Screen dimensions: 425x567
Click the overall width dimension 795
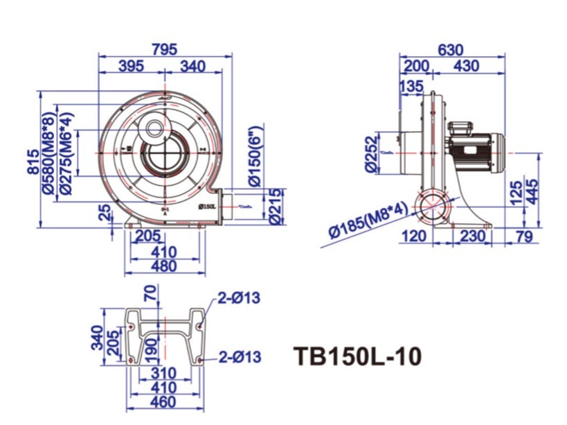(165, 49)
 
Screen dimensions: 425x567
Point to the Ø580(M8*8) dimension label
(51, 148)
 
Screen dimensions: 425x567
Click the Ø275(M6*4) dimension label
(66, 148)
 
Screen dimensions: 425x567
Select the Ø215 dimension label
(275, 206)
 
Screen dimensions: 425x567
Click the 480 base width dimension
(164, 266)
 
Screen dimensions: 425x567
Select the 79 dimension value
(525, 236)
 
